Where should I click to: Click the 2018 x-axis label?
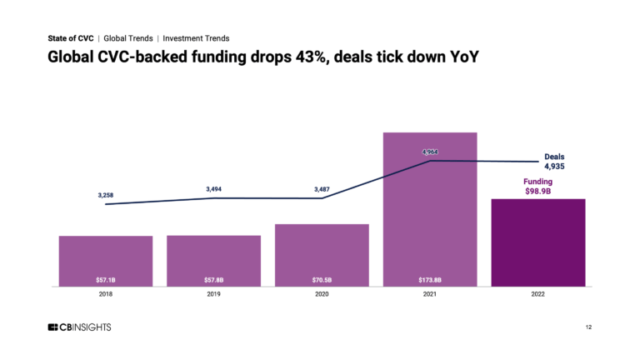click(x=106, y=294)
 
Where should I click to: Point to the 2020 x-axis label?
click(x=322, y=294)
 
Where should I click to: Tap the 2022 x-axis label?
click(x=537, y=294)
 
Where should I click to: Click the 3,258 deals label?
click(x=106, y=195)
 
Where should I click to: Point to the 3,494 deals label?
click(x=213, y=189)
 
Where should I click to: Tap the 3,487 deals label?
click(x=322, y=189)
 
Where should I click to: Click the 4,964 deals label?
click(x=430, y=152)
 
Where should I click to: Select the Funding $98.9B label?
click(x=537, y=186)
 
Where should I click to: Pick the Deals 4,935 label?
click(x=554, y=161)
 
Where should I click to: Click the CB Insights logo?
click(x=79, y=327)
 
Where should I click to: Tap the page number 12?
click(x=588, y=327)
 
